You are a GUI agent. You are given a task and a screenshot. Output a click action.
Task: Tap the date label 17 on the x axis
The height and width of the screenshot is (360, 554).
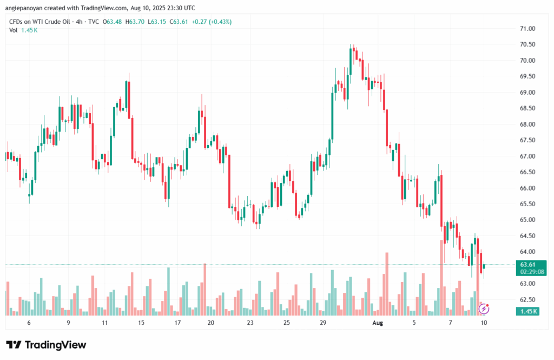[177, 323]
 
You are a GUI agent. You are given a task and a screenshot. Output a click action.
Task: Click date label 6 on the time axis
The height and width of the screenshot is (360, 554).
[29, 323]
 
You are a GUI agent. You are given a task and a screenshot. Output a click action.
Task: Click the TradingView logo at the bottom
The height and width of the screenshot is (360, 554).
[46, 345]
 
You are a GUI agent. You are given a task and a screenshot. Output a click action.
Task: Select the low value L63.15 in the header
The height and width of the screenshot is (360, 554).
[157, 21]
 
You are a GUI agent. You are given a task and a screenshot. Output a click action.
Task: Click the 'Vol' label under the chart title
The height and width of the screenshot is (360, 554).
[14, 30]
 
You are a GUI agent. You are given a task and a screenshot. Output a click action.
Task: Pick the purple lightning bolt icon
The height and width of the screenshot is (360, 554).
[485, 309]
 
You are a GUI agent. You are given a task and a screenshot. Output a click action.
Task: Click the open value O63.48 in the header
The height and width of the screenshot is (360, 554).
[113, 21]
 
